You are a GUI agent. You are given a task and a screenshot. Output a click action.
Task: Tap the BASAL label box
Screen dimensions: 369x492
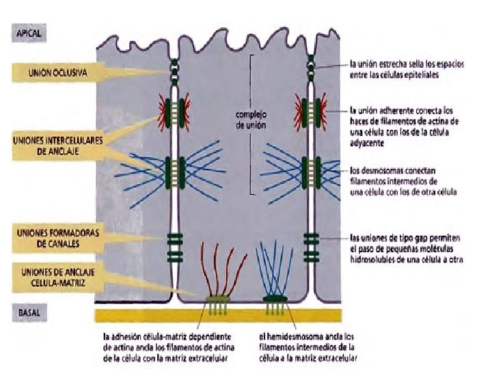(28, 312)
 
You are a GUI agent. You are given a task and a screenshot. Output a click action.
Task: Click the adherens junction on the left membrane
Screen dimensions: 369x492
(176, 108)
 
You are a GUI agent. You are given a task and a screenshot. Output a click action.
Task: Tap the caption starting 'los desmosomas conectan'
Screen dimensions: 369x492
(403, 181)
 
